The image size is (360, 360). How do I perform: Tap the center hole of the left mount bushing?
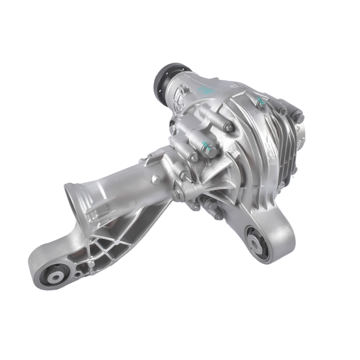point(55,277)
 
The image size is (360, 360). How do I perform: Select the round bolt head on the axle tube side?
point(156,179)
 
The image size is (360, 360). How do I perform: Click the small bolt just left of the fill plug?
point(193,157)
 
